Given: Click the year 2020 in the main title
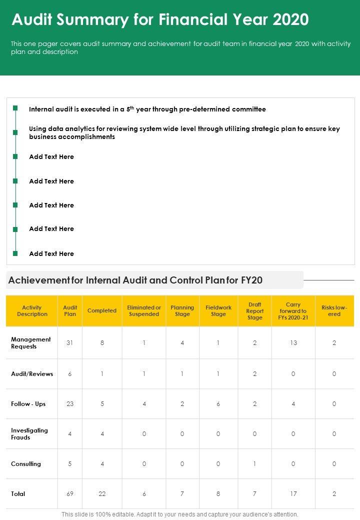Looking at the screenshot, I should coord(290,20).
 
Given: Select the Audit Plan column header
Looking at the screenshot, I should coord(70,311).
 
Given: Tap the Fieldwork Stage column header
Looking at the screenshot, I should coord(218,311).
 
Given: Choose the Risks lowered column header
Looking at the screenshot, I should coord(334,311).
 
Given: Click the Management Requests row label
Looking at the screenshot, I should coord(31,343).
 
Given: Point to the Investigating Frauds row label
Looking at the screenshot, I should coord(29,434).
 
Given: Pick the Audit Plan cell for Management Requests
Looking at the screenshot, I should coord(70,343).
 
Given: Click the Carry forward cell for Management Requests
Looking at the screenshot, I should coord(293,343).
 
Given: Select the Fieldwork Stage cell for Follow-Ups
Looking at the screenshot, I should coord(218,404).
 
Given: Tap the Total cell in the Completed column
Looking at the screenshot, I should coord(102,494).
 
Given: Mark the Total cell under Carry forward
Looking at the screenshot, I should coord(293,494).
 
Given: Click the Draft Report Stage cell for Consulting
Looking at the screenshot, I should coord(255,464).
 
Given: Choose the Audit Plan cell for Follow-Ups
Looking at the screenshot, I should coord(70,404).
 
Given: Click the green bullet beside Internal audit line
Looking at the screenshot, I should coord(15,108).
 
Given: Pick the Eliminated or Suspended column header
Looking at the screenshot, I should coord(144,311).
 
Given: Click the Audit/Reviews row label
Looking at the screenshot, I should coord(32,374).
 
